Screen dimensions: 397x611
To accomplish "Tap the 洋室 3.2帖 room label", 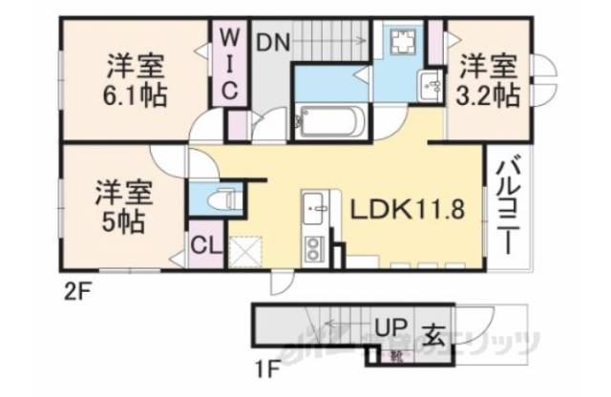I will point(491,80).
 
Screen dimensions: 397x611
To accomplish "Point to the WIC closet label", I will point(230,63).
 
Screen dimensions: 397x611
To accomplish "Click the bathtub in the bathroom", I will point(327,121).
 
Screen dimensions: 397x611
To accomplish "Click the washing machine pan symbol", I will point(401,43).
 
